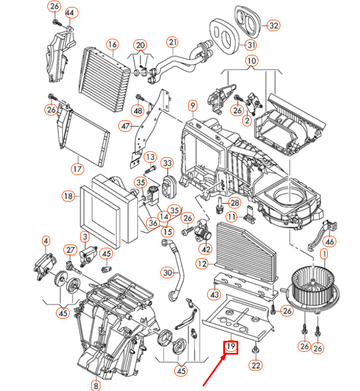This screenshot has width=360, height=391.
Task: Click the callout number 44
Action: pos(70,13)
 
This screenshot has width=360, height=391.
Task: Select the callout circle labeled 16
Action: pos(112,44)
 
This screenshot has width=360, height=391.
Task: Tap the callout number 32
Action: pos(273,25)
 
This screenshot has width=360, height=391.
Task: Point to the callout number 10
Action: pos(251,60)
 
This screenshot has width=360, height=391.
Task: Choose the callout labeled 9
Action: pos(192,105)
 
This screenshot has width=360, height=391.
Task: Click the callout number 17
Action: pos(77,169)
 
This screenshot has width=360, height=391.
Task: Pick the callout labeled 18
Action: pos(69,196)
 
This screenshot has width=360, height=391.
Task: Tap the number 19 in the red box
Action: pos(231,347)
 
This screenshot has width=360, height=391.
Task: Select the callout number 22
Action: pos(256,365)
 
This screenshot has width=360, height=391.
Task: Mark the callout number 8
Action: pos(96,385)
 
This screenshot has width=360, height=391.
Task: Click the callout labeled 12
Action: pos(201,264)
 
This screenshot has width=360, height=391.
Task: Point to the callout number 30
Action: pos(167,272)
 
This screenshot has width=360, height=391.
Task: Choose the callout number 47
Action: pos(126,126)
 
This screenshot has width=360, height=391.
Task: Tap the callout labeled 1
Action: pos(324,254)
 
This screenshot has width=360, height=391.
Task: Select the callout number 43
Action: pos(215,295)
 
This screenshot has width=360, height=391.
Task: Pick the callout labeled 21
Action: pos(173,42)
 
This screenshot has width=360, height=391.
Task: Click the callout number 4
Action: pos(46,240)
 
